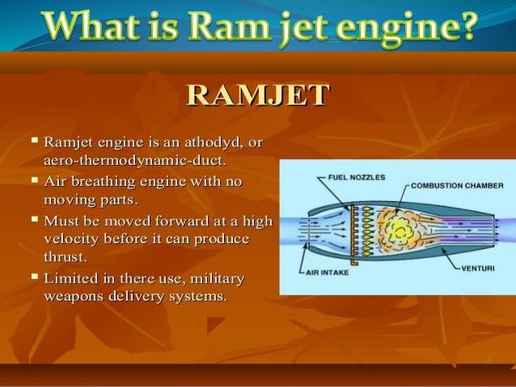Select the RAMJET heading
coord(258,95)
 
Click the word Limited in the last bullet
coord(74,279)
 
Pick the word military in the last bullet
coord(217,279)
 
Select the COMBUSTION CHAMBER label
coord(457,185)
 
